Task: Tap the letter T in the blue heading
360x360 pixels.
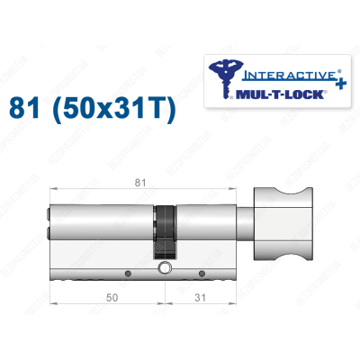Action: click(x=158, y=110)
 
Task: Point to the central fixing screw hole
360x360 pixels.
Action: click(x=165, y=269)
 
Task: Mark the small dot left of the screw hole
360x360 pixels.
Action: click(x=129, y=271)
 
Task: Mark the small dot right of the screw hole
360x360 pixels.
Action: click(x=202, y=271)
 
